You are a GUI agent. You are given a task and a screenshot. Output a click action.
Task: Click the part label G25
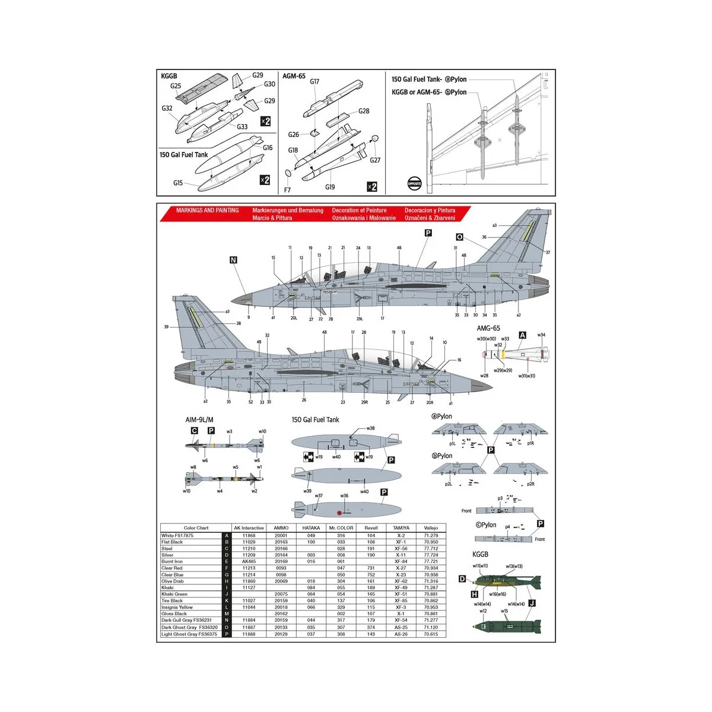point(176,86)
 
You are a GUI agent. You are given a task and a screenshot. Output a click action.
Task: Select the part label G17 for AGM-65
point(314,81)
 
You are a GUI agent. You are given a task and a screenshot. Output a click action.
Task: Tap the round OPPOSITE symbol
point(414,184)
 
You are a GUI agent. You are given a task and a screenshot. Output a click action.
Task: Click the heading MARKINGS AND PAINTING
point(208,211)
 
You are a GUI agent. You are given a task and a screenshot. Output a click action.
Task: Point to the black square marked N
point(233,260)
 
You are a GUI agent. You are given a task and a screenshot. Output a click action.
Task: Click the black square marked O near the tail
point(459,237)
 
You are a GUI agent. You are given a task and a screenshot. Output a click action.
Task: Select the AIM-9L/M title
point(199,420)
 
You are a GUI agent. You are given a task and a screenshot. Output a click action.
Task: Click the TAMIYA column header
point(401,528)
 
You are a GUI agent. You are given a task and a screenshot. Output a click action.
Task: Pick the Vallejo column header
point(431,528)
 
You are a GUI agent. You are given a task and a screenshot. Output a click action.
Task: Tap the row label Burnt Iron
point(172,561)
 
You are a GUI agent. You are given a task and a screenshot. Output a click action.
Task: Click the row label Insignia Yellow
point(177,608)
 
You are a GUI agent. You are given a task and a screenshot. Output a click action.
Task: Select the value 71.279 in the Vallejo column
point(431,535)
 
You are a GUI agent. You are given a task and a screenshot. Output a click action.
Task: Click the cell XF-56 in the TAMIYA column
point(401,549)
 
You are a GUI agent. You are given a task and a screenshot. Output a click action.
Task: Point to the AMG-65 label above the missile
point(488,328)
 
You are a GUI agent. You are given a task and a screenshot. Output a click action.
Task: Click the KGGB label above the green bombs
point(480,554)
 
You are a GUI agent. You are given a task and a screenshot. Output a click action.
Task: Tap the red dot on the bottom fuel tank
point(339,513)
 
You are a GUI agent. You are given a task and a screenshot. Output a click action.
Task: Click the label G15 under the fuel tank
point(178,183)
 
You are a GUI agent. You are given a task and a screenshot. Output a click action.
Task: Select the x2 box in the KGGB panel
point(265,121)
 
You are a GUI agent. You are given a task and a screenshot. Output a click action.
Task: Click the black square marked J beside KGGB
point(531,603)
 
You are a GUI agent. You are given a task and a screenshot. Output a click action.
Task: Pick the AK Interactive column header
point(249,528)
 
